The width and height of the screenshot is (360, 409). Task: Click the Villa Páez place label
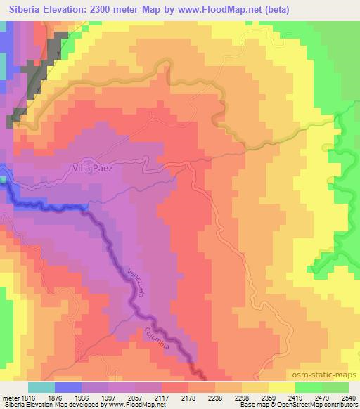98,169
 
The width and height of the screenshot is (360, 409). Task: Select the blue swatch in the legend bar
68,388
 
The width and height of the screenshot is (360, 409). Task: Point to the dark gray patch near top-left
41,71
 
